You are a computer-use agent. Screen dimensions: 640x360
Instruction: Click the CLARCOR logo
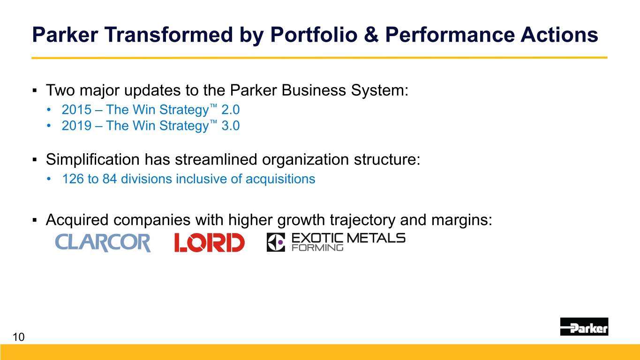103,242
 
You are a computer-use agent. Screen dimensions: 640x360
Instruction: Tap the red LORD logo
210,242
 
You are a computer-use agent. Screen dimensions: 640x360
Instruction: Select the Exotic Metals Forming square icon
276,242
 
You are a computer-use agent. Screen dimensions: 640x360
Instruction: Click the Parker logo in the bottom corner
584,327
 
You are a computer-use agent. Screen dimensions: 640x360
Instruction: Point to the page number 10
19,337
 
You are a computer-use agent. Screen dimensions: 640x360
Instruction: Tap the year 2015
76,110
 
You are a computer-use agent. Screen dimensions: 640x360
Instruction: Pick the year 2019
76,126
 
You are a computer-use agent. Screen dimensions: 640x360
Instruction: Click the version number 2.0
231,110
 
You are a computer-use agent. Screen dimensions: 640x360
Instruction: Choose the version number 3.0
231,126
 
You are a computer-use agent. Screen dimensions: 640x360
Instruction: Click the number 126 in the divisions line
73,179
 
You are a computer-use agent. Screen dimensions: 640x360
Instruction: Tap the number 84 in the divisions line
110,179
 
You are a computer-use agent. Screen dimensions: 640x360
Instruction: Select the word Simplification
93,159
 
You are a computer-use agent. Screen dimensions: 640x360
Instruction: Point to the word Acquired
77,220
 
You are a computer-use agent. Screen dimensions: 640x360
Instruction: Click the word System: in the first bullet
380,90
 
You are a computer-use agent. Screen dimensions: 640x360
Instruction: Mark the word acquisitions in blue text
280,180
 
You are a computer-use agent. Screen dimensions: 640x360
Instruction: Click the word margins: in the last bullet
462,220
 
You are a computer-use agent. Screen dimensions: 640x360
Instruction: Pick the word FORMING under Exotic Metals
317,247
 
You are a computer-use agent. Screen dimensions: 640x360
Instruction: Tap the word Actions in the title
559,35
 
